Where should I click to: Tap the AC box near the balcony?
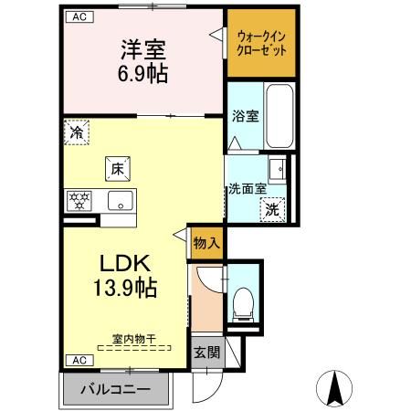coord(78,360)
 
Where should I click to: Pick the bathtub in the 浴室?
coord(278,116)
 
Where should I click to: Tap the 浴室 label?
coord(244,117)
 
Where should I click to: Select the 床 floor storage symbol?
coord(117,168)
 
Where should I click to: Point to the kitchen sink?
coord(118,201)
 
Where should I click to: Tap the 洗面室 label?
coord(247,189)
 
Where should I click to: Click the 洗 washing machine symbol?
coord(272,208)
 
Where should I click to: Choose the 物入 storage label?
coord(206,243)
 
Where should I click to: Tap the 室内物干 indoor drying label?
coord(133,339)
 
